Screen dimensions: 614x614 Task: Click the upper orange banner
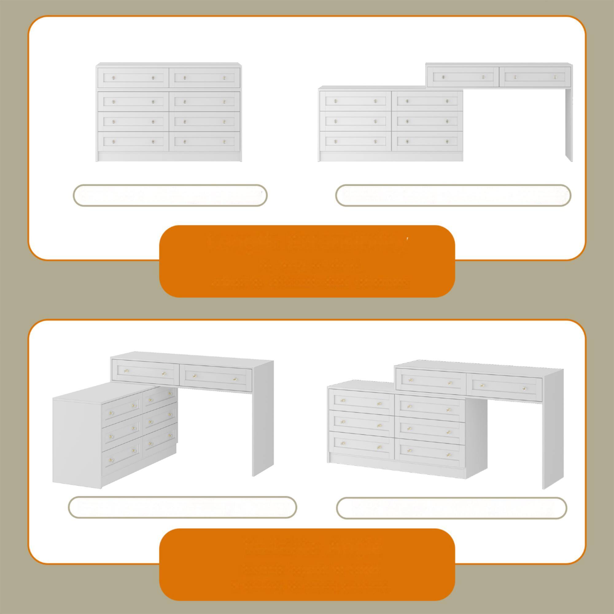click(x=307, y=261)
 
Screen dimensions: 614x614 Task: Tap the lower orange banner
click(x=307, y=565)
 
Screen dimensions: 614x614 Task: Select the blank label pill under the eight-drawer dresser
click(x=170, y=196)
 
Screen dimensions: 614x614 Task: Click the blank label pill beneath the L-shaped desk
click(x=182, y=507)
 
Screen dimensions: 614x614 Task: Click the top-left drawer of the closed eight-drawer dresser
click(x=133, y=78)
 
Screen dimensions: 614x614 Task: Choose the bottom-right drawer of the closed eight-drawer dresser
click(x=204, y=142)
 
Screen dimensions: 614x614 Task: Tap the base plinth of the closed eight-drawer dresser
click(x=169, y=157)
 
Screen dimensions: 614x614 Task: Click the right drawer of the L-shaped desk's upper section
click(x=216, y=378)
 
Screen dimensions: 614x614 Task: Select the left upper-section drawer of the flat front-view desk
click(x=463, y=77)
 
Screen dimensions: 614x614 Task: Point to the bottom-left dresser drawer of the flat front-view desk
click(x=355, y=142)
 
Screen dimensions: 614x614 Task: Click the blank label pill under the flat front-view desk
click(x=453, y=196)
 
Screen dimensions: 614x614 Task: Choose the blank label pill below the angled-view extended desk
click(x=451, y=508)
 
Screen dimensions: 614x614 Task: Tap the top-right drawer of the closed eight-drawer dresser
click(x=204, y=78)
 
